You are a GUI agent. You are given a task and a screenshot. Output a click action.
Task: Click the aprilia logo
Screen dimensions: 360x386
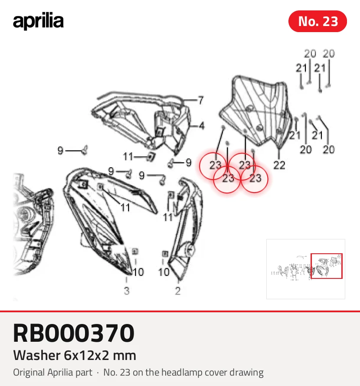click(x=38, y=21)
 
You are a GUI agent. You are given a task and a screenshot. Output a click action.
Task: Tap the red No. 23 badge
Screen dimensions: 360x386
click(x=317, y=21)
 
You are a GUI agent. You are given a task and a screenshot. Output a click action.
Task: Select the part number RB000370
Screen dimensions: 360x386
click(x=74, y=333)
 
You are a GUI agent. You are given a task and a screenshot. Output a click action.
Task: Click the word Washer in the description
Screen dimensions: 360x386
click(x=37, y=355)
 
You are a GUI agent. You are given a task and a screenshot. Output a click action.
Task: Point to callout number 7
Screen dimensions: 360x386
click(x=201, y=100)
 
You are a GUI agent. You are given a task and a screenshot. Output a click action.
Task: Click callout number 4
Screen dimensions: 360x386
click(x=202, y=126)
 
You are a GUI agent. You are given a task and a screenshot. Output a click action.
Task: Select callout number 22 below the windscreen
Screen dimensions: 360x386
click(x=279, y=165)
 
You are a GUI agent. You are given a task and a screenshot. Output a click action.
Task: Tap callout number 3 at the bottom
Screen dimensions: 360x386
click(x=127, y=291)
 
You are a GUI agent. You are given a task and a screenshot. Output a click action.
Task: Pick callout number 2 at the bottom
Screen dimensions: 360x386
click(x=178, y=291)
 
